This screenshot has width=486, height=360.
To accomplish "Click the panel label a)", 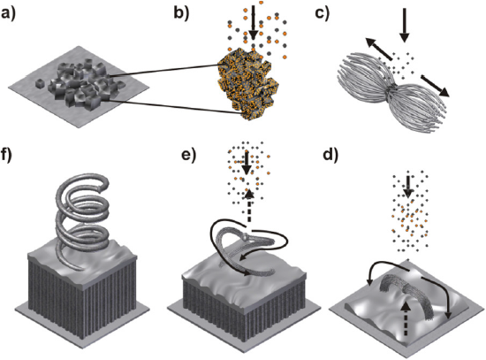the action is (x=8, y=14).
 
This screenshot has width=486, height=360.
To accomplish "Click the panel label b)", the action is (x=181, y=14).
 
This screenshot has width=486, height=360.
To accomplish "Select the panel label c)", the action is (x=323, y=14).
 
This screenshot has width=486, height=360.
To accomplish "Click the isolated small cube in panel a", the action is (x=40, y=84).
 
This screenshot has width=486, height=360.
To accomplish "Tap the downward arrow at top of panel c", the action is (x=404, y=25).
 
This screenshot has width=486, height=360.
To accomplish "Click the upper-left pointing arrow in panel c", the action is (x=377, y=48).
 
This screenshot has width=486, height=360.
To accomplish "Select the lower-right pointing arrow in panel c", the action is (x=435, y=85).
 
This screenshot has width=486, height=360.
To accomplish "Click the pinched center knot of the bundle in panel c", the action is (x=392, y=88).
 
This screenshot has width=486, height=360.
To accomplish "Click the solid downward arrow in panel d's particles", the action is (x=408, y=187).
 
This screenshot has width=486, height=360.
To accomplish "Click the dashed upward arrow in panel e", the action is (x=249, y=206).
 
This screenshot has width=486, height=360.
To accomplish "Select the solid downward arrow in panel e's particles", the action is (x=247, y=163).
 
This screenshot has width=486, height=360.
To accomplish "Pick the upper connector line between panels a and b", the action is (x=164, y=70).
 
